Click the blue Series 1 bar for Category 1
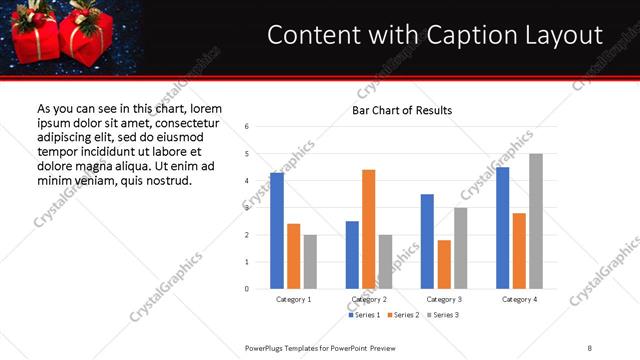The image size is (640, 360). (x=277, y=231)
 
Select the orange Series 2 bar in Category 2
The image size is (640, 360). (x=368, y=229)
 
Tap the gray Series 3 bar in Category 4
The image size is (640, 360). (x=536, y=221)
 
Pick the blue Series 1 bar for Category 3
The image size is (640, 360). (x=427, y=241)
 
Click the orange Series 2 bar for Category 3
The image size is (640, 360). (x=444, y=264)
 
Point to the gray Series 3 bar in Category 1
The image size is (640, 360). (x=310, y=262)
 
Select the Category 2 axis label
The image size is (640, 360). (x=369, y=299)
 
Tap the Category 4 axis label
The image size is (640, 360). (x=520, y=299)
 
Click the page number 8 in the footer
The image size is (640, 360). (x=590, y=347)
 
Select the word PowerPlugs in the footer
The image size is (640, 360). (x=266, y=347)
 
